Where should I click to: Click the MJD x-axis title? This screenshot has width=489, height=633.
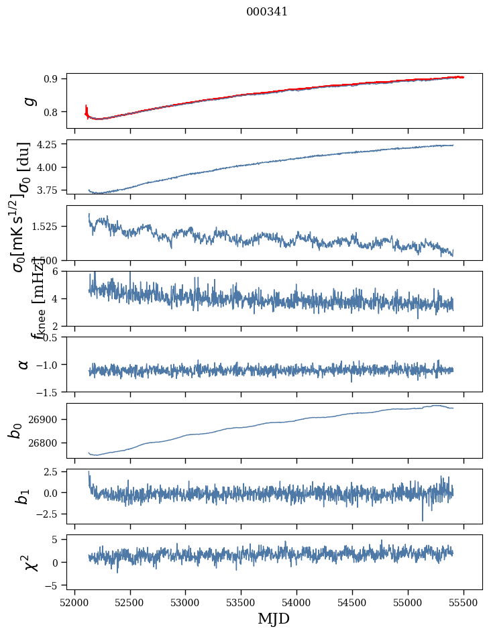[x=274, y=618]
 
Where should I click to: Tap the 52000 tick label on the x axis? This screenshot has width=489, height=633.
[x=74, y=601]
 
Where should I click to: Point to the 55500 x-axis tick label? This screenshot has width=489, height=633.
[x=464, y=601]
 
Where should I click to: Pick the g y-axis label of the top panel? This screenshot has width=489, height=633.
[x=28, y=101]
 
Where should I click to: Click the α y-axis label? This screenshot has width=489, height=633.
[x=23, y=364]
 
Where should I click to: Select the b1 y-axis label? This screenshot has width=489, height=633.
[x=23, y=496]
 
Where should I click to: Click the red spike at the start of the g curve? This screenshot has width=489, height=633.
[x=87, y=109]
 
